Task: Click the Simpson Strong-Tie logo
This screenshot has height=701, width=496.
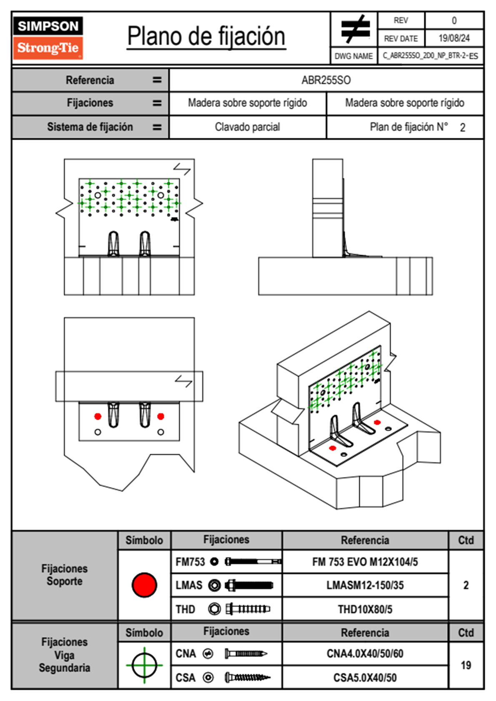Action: tap(48, 38)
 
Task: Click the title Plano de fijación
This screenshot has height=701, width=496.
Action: tap(206, 36)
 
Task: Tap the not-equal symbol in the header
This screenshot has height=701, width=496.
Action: tap(355, 29)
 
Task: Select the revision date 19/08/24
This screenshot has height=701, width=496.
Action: tap(454, 38)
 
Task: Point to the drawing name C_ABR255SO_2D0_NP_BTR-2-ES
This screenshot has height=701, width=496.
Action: tap(430, 56)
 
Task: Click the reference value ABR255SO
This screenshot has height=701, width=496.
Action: tap(326, 80)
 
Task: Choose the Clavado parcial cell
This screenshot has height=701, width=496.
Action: tap(247, 127)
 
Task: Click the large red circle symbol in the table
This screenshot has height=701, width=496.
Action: tap(144, 585)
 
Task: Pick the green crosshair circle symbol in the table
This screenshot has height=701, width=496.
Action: tap(144, 665)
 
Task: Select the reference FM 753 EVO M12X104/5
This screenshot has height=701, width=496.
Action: tap(365, 562)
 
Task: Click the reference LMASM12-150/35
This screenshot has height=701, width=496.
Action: tap(365, 585)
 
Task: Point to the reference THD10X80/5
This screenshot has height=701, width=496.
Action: tap(365, 609)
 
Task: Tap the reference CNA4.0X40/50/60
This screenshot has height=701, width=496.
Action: tap(365, 653)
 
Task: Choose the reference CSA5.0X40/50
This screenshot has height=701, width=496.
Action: tap(365, 678)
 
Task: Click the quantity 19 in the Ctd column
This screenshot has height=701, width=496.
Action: tap(466, 665)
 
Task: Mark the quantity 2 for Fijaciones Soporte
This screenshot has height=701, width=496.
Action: tap(466, 585)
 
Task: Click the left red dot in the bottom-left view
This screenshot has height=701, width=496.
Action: tap(98, 416)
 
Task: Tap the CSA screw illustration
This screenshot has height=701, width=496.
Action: tap(247, 678)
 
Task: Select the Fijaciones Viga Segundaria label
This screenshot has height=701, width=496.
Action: tap(64, 655)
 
